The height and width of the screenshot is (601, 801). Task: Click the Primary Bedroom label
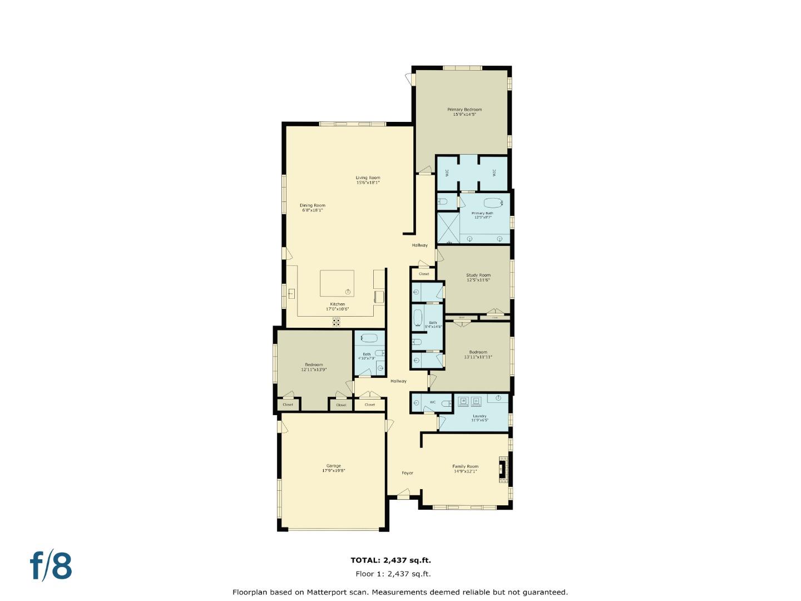(x=464, y=110)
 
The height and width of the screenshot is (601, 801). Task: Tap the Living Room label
(x=368, y=178)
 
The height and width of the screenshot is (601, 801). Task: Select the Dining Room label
(x=313, y=205)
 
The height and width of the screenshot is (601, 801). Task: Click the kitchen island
(x=337, y=283)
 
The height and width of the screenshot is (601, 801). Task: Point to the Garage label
(x=333, y=466)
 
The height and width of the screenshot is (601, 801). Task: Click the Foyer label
(x=408, y=473)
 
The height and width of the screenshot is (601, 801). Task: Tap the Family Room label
(x=465, y=466)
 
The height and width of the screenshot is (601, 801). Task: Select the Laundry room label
(x=479, y=416)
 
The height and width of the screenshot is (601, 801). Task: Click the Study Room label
(x=478, y=275)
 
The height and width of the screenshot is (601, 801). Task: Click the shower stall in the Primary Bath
(x=448, y=228)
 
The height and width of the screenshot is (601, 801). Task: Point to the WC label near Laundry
(x=432, y=402)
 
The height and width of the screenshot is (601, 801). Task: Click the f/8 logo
(x=51, y=566)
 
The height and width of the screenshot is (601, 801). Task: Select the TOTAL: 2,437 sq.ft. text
(x=390, y=560)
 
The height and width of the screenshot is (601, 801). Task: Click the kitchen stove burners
(x=337, y=321)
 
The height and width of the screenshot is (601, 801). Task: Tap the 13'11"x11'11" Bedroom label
(x=478, y=352)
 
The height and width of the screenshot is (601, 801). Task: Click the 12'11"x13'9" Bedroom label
(x=314, y=364)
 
